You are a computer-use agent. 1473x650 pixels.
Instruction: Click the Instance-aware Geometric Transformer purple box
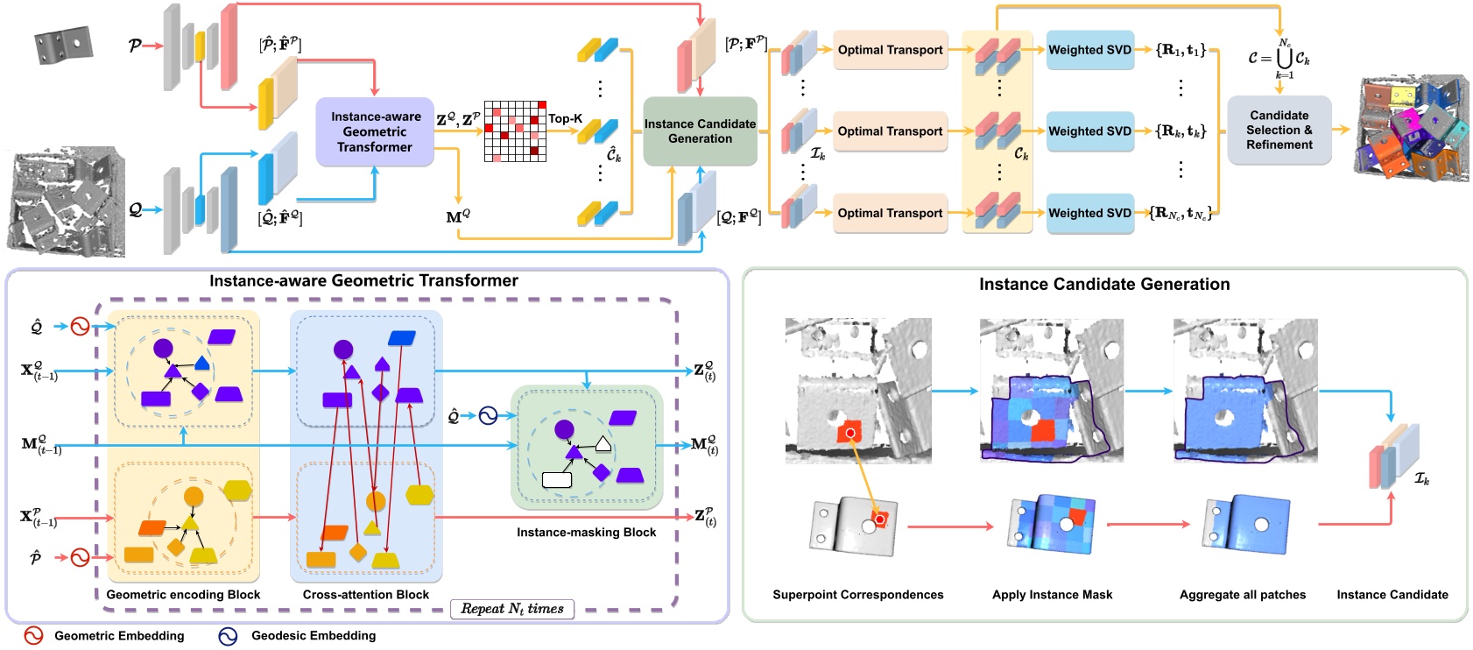(x=375, y=131)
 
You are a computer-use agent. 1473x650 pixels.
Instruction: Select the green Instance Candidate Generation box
(x=700, y=131)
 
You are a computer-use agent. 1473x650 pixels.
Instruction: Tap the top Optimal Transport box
(x=890, y=50)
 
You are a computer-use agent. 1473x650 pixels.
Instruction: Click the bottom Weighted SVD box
(x=1089, y=213)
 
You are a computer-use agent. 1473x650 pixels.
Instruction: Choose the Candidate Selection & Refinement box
(x=1279, y=130)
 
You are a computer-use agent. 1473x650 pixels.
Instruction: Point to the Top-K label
(x=565, y=118)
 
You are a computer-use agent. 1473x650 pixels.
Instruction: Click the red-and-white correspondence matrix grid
(x=515, y=131)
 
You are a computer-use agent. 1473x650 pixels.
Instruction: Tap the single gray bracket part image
(x=63, y=45)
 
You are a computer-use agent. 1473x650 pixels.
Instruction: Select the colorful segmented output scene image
(x=1412, y=128)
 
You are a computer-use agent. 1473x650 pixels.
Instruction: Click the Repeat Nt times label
(x=512, y=609)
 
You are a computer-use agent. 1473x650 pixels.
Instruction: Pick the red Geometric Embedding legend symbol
(x=33, y=636)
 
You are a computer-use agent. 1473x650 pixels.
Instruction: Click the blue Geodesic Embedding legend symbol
(x=228, y=636)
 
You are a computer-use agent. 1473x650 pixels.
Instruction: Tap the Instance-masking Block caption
(x=586, y=532)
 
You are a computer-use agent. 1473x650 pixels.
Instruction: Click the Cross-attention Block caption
(x=365, y=594)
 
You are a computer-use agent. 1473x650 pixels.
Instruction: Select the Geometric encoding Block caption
(x=183, y=594)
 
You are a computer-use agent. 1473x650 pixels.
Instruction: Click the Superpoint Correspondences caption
(x=857, y=594)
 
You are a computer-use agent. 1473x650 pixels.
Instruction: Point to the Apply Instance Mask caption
(x=1052, y=594)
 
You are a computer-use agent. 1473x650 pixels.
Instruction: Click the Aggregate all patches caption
(x=1242, y=594)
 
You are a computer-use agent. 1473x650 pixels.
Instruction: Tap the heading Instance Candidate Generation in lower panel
(x=1103, y=284)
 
